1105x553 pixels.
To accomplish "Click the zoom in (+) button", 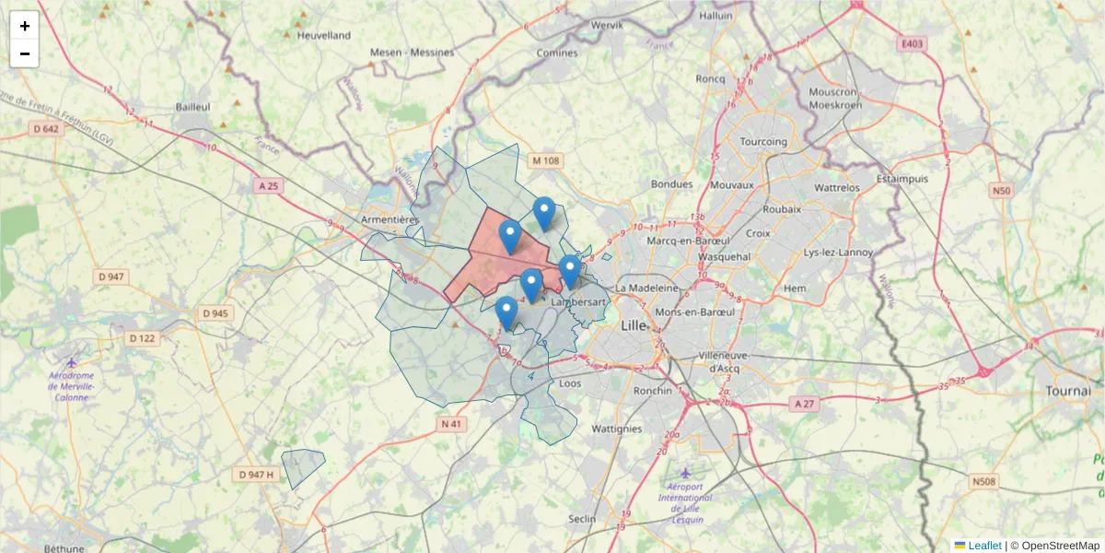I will tap(25, 26).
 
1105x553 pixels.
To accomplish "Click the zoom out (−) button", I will tap(25, 53).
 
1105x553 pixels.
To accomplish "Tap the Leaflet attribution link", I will tap(983, 546).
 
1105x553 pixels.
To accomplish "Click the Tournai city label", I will tap(1068, 391).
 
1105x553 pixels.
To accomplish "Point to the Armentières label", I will tap(390, 220).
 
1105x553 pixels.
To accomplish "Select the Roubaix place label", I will tap(783, 209).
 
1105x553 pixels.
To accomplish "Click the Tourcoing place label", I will tap(764, 142).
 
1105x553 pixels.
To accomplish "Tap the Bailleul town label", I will tap(193, 107).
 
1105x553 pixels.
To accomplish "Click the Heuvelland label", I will tap(324, 36).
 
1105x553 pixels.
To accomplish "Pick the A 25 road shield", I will tap(268, 186).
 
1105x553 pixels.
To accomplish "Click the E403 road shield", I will tap(912, 43).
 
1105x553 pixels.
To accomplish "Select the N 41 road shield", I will tap(450, 424).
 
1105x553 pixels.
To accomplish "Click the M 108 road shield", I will tap(545, 161).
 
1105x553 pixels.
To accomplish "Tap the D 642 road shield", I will tap(44, 129).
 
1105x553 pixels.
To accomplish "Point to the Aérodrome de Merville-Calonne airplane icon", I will tap(73, 361).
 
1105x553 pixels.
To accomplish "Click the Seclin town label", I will tap(582, 519).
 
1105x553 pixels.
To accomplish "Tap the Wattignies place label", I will tap(616, 429).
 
